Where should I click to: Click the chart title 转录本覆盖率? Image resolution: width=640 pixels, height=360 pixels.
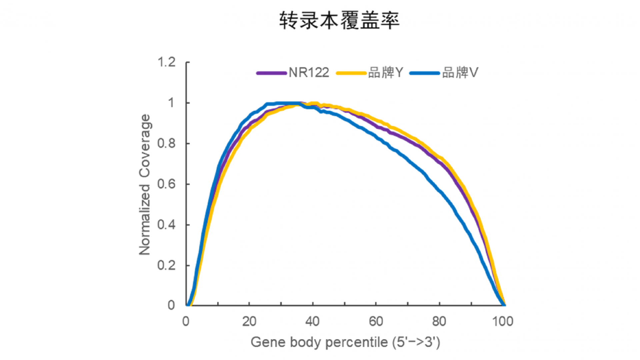tap(339, 20)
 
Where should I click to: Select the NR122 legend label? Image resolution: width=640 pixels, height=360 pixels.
tap(309, 73)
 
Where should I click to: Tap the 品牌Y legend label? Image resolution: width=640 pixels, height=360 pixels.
tap(386, 73)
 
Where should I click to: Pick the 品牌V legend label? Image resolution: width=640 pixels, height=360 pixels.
tap(460, 73)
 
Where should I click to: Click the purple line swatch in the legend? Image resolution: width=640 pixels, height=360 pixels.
tap(271, 73)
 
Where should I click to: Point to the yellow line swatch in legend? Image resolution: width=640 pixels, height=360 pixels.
tap(351, 73)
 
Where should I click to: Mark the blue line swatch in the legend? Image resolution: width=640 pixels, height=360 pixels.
tap(425, 73)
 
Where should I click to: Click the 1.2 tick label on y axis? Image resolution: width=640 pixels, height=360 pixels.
tap(166, 62)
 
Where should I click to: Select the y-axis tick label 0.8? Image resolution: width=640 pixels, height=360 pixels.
tap(166, 144)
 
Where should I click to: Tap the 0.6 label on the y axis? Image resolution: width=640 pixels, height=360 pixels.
tap(166, 184)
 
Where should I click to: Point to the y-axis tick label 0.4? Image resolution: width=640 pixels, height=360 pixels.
tap(166, 225)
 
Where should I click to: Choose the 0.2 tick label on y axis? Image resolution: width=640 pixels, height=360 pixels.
tap(166, 266)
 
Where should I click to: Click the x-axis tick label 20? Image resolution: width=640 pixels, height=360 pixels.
tap(249, 322)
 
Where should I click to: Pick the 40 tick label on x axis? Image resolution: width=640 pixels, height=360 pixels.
tap(312, 322)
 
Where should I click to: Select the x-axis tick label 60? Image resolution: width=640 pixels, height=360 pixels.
tap(376, 322)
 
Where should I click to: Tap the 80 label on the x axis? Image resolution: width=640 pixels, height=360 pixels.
tap(439, 322)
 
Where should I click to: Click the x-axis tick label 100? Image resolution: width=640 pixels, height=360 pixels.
tap(503, 322)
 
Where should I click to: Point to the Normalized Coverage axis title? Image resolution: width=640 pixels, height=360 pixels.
tap(145, 184)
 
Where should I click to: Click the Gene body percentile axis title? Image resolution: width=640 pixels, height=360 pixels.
tap(345, 342)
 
